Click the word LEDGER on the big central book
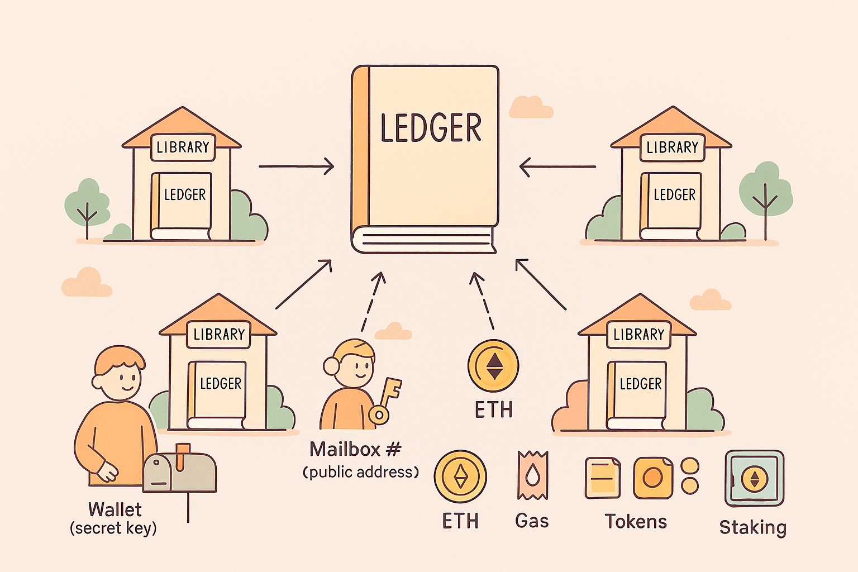pyautogui.click(x=431, y=128)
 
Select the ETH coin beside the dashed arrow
pyautogui.click(x=493, y=366)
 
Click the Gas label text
pyautogui.click(x=532, y=521)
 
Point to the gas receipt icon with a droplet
pyautogui.click(x=532, y=475)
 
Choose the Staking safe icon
pyautogui.click(x=754, y=479)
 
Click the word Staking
pyautogui.click(x=752, y=527)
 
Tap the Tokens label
pyautogui.click(x=636, y=521)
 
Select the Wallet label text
pyautogui.click(x=115, y=509)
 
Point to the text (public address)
pyautogui.click(x=361, y=473)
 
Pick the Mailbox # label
pyautogui.click(x=355, y=449)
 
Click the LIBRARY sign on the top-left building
pyautogui.click(x=183, y=147)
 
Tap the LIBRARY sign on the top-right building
pyautogui.click(x=672, y=147)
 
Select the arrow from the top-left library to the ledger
pyautogui.click(x=296, y=166)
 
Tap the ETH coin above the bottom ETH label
pyautogui.click(x=460, y=476)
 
